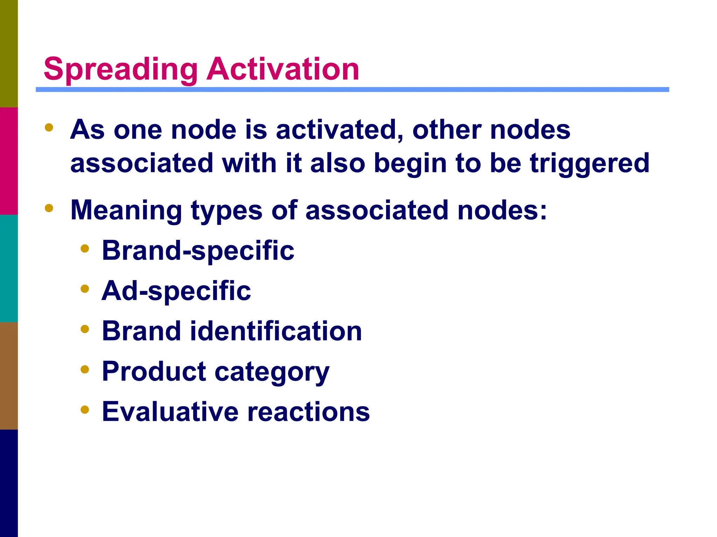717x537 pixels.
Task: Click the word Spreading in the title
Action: click(x=120, y=69)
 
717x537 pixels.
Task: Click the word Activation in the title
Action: click(x=283, y=69)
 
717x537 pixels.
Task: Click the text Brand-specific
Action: click(x=198, y=251)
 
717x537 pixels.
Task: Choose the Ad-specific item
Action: click(x=176, y=291)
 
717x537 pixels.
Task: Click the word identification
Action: click(x=276, y=331)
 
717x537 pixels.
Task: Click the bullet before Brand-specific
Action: click(x=85, y=249)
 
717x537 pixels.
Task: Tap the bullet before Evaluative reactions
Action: click(x=85, y=409)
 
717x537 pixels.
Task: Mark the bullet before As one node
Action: click(x=49, y=128)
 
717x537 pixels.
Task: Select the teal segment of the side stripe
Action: click(x=9, y=268)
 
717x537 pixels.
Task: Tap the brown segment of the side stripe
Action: click(x=9, y=375)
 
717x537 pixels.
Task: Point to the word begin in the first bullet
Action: click(x=410, y=163)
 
